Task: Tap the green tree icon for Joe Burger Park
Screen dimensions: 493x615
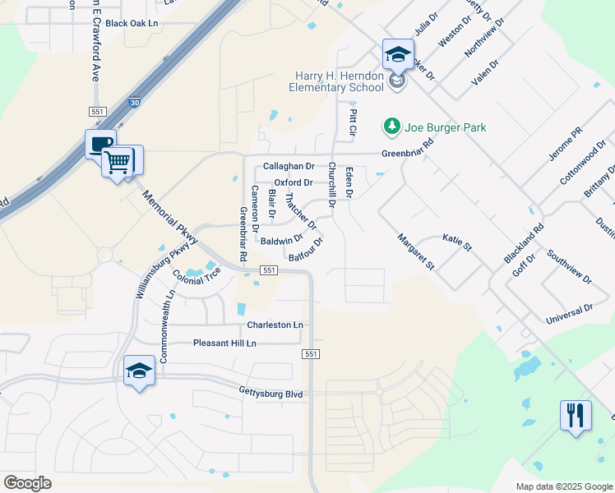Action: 391,127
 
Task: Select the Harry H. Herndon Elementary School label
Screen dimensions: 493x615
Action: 340,82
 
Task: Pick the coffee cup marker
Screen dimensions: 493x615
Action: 100,145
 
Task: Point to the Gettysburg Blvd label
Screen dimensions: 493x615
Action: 271,394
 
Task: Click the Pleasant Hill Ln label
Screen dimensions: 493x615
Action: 224,343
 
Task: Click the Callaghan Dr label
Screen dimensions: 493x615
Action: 289,167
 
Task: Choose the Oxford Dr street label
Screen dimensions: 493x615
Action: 294,182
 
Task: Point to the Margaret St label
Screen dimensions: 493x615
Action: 415,251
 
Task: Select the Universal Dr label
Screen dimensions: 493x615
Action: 569,311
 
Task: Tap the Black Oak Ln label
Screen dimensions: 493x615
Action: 132,24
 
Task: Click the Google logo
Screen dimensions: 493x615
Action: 27,483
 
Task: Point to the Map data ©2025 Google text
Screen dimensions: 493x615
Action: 563,486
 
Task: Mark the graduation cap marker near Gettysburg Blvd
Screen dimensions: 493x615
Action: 139,371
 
